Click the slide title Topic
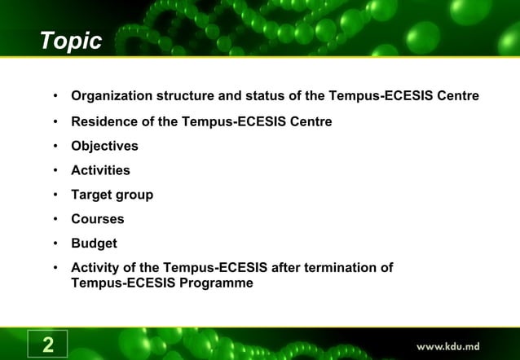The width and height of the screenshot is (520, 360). coord(72,40)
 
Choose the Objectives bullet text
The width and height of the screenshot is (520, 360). coord(104,146)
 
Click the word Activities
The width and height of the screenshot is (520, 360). coord(100,170)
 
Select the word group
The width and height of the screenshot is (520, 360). coord(135,195)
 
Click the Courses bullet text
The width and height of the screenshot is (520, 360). coord(98,219)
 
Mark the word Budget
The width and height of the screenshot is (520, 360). coord(94,244)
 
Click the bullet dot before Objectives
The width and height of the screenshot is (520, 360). coord(55,147)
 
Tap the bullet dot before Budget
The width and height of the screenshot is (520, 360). coord(55,244)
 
